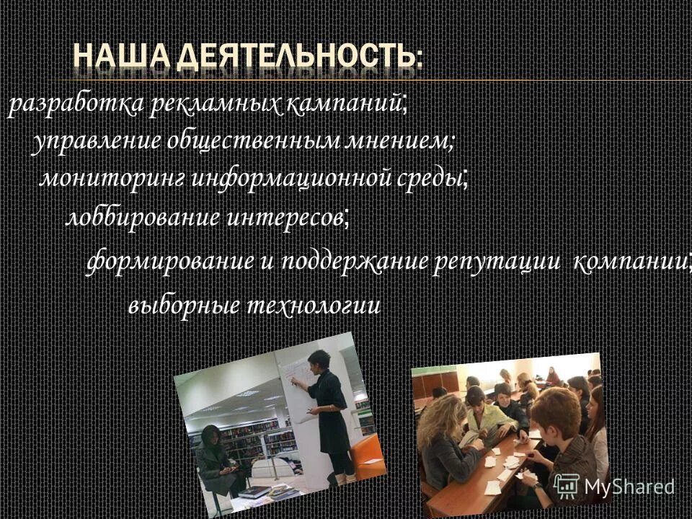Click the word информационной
tap(293, 177)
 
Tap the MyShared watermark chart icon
tap(567, 484)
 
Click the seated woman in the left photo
tap(215, 460)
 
